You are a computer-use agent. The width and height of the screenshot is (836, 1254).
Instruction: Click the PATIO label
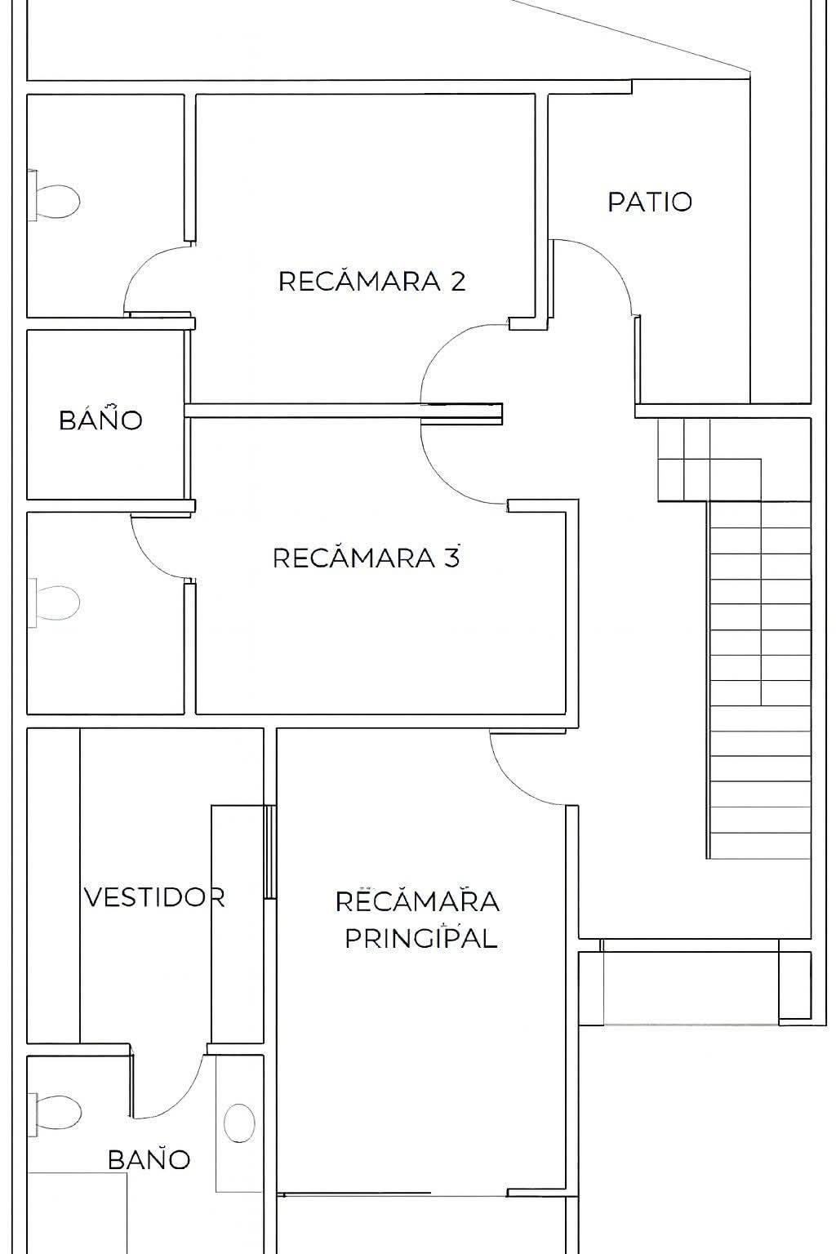tap(650, 202)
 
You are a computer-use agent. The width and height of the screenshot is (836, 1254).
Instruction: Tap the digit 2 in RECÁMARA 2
tap(457, 282)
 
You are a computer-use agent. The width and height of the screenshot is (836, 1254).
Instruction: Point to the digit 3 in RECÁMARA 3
tap(451, 558)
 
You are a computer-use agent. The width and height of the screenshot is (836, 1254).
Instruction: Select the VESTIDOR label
tap(154, 897)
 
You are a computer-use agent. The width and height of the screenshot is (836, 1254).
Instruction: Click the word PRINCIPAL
tap(420, 939)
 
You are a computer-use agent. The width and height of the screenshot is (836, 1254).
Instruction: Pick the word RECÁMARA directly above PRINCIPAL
tap(417, 901)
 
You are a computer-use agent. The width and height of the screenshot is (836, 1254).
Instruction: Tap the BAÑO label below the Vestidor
tap(149, 1159)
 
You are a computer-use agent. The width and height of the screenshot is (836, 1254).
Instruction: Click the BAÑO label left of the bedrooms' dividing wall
tap(100, 420)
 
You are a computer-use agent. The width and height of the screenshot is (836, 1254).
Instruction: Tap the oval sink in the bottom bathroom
tap(240, 1123)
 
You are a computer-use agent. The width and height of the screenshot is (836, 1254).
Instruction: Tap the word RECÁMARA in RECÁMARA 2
tap(360, 282)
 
